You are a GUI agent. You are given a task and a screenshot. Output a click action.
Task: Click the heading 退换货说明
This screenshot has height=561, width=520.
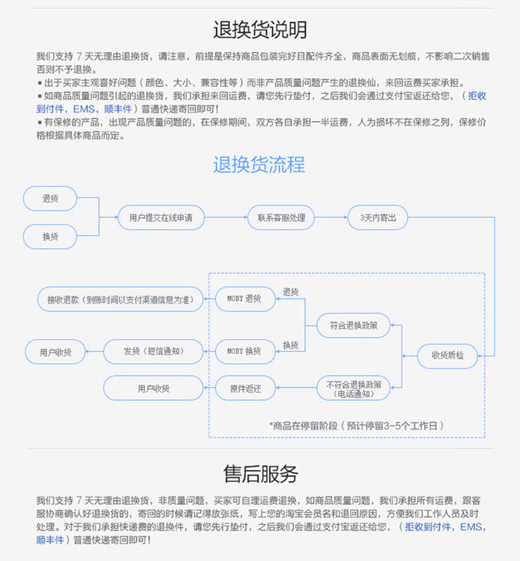tap(259, 29)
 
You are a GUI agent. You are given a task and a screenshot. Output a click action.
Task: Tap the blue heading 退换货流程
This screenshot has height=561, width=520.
tap(259, 164)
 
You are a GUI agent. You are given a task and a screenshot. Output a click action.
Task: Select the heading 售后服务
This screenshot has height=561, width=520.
tap(261, 473)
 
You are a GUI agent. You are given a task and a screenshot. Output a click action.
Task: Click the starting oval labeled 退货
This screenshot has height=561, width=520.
tap(50, 198)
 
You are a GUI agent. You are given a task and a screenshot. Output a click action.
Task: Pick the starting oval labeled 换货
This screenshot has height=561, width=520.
tap(50, 236)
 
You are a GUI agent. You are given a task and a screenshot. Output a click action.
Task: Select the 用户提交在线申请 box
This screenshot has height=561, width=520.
tap(161, 217)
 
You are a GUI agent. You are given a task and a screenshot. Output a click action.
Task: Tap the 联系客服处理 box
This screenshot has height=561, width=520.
tap(281, 217)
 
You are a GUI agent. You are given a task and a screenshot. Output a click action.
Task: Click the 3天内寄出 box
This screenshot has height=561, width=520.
tap(378, 217)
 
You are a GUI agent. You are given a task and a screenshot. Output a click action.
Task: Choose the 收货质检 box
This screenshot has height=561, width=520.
tap(448, 356)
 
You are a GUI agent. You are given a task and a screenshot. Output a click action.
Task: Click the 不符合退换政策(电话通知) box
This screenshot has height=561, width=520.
tap(353, 388)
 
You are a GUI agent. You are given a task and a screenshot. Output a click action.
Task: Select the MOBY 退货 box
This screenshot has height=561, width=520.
tap(246, 298)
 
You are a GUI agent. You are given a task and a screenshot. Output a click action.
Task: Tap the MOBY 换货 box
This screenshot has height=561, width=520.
tap(246, 351)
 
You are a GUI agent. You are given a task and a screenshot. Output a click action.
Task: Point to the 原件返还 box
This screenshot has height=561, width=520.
tap(246, 388)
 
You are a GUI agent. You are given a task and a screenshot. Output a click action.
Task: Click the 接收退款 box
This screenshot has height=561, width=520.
tap(120, 299)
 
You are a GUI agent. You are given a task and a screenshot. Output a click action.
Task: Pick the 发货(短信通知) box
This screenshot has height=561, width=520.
tap(153, 351)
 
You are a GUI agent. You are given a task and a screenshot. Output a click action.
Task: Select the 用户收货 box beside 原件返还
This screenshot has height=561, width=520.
tap(153, 388)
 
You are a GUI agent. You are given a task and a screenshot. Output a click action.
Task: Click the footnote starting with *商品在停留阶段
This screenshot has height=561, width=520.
tap(356, 425)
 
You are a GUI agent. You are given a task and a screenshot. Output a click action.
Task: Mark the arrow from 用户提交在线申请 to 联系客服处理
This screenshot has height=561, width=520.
tap(226, 217)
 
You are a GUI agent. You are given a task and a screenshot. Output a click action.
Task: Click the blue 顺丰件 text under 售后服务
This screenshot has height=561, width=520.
tap(50, 540)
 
